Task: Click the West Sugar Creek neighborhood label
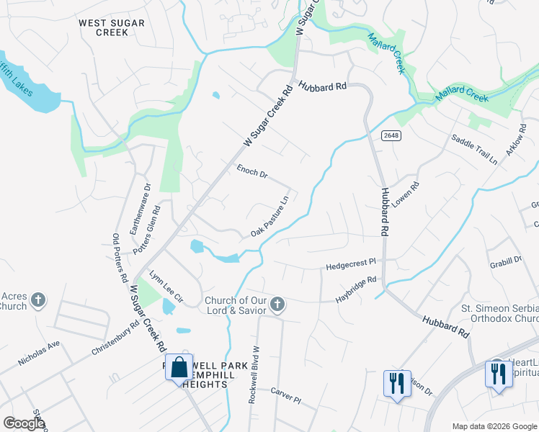[112, 28]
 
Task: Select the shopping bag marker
[179, 368]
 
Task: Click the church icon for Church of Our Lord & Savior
[276, 305]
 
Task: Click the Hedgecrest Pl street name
[352, 265]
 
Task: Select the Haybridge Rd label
[356, 289]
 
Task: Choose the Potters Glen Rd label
[148, 229]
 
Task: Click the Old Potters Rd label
[120, 258]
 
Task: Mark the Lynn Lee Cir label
[167, 287]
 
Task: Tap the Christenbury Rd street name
[115, 338]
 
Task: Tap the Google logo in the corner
[24, 423]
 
